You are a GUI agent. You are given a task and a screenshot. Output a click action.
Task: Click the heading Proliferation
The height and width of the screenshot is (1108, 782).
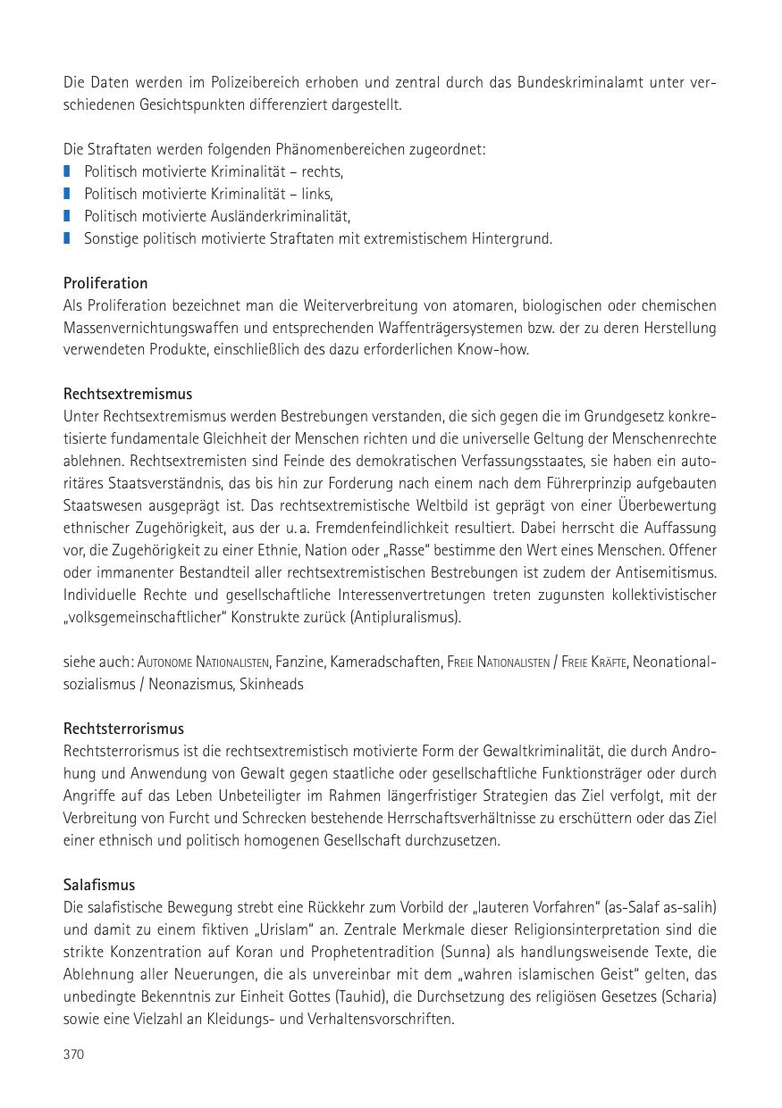click(x=105, y=283)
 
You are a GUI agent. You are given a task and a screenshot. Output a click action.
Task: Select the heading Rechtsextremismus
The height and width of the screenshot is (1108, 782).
click(x=128, y=394)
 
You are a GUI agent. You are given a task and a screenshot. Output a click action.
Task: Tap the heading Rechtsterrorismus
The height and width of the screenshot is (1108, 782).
click(x=123, y=729)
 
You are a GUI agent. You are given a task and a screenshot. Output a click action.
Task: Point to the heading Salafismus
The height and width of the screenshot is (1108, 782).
click(x=99, y=885)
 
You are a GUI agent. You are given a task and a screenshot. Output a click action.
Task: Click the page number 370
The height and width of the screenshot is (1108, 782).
click(x=73, y=1054)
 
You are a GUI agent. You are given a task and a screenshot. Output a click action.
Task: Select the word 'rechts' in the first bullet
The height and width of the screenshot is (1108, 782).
click(x=324, y=171)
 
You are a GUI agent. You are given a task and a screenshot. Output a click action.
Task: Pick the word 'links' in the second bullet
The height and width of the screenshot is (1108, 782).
click(x=317, y=194)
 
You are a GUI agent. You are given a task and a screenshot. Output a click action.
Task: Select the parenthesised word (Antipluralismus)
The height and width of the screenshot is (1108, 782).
click(x=406, y=617)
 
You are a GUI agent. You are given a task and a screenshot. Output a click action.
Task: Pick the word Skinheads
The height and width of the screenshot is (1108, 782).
click(x=272, y=684)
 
